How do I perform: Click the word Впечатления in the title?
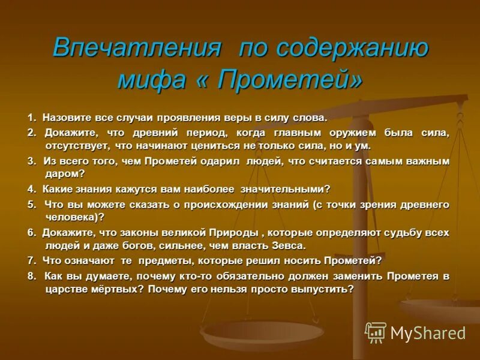point(136,47)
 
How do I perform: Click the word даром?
point(63,173)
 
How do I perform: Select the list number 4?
point(31,189)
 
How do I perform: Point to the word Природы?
point(234,232)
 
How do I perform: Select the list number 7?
point(31,260)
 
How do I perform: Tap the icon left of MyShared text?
point(376,332)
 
